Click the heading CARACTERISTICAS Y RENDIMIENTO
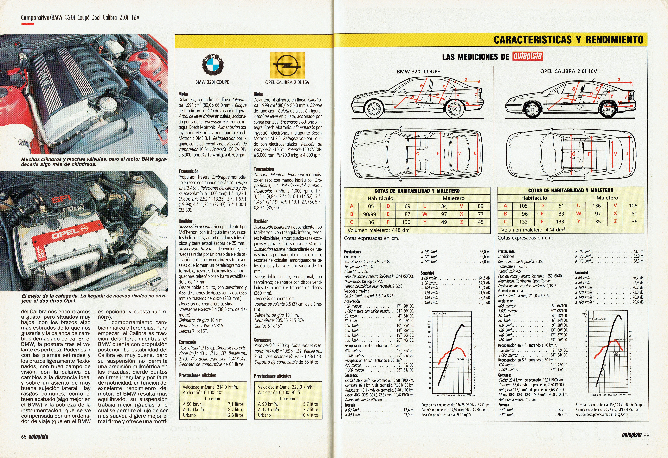(568, 40)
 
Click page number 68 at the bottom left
(24, 436)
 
